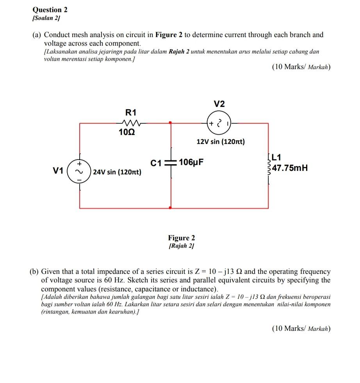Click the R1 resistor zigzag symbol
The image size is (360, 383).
point(131,123)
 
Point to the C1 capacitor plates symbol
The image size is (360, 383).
point(171,163)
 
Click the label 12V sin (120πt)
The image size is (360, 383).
point(221,142)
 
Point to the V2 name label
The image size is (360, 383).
point(219,104)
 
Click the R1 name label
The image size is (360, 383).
point(130,112)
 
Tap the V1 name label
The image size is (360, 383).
point(58,170)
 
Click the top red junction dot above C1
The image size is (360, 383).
point(171,123)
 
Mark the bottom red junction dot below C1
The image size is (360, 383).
point(171,208)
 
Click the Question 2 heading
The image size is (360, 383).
point(48,10)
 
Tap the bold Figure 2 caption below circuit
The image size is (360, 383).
point(181,238)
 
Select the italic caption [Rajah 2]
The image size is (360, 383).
point(181,246)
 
